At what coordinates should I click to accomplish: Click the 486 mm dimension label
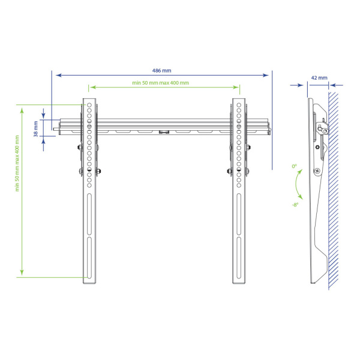pyautogui.click(x=161, y=70)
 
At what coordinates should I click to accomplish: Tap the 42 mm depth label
pyautogui.click(x=319, y=78)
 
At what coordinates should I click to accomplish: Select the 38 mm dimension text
pyautogui.click(x=36, y=129)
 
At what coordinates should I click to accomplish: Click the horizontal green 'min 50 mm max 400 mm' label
pyautogui.click(x=160, y=83)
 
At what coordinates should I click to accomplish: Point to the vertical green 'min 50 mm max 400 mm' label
pyautogui.click(x=17, y=163)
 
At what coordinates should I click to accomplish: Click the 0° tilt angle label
pyautogui.click(x=295, y=166)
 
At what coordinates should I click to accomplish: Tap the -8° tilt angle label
pyautogui.click(x=295, y=205)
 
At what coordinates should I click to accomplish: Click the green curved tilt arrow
pyautogui.click(x=297, y=184)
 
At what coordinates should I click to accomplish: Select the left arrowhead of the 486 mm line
pyautogui.click(x=59, y=75)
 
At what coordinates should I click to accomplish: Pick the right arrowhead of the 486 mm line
pyautogui.click(x=266, y=75)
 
